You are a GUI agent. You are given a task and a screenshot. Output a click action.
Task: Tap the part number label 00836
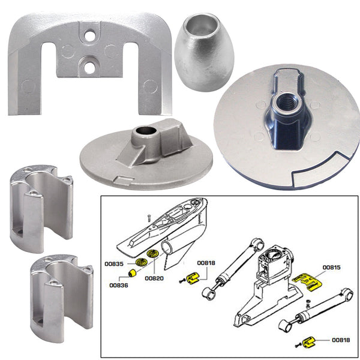(119, 285)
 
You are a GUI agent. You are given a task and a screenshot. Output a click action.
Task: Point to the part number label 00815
(331, 266)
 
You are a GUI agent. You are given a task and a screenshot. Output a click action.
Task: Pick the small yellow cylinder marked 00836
(128, 274)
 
